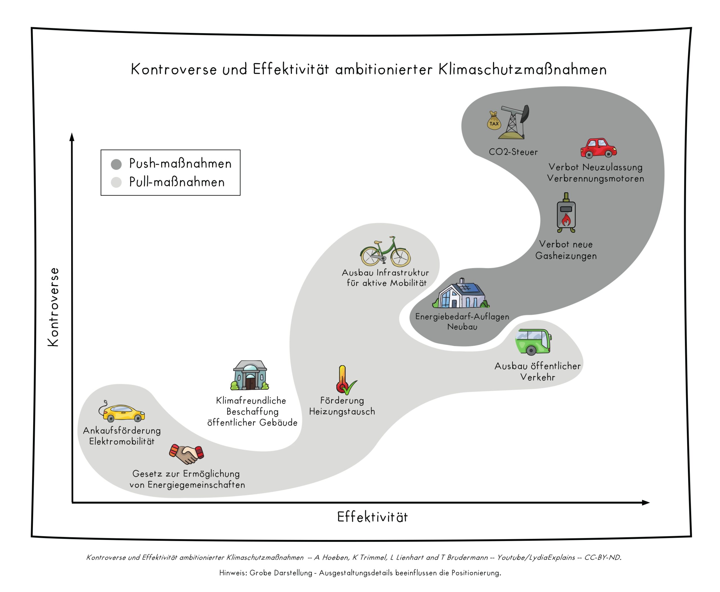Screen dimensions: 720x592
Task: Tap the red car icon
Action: [x=598, y=148]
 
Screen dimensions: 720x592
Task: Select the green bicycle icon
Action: [x=385, y=251]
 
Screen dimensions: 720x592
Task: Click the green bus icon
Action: [x=533, y=342]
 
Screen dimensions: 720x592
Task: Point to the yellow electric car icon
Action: [x=122, y=411]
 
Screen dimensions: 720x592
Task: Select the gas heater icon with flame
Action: [x=566, y=212]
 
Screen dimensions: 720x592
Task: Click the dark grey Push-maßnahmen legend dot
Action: [x=116, y=164]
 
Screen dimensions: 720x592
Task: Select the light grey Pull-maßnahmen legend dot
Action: [x=116, y=182]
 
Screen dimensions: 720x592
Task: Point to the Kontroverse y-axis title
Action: [x=53, y=307]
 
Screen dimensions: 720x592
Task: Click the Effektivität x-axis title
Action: [x=372, y=517]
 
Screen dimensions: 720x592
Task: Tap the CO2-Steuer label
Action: [x=513, y=152]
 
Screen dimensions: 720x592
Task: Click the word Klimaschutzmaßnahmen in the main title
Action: [x=522, y=69]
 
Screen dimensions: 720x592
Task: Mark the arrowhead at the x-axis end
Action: [x=646, y=503]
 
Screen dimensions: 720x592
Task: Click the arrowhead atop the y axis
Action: [x=72, y=137]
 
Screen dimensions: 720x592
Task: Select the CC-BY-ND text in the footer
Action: [x=603, y=557]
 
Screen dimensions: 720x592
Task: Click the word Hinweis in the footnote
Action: [x=233, y=573]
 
